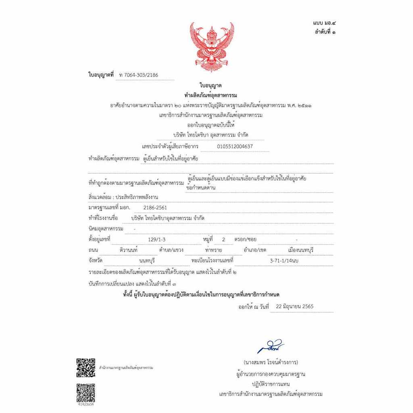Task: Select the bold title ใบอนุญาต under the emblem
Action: (x=211, y=86)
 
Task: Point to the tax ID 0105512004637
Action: (x=235, y=146)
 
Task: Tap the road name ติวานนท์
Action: (x=129, y=250)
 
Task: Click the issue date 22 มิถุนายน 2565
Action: (x=295, y=307)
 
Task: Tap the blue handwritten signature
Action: (x=271, y=347)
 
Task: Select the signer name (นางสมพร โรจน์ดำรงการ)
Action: (x=271, y=362)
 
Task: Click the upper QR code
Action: (x=86, y=367)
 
